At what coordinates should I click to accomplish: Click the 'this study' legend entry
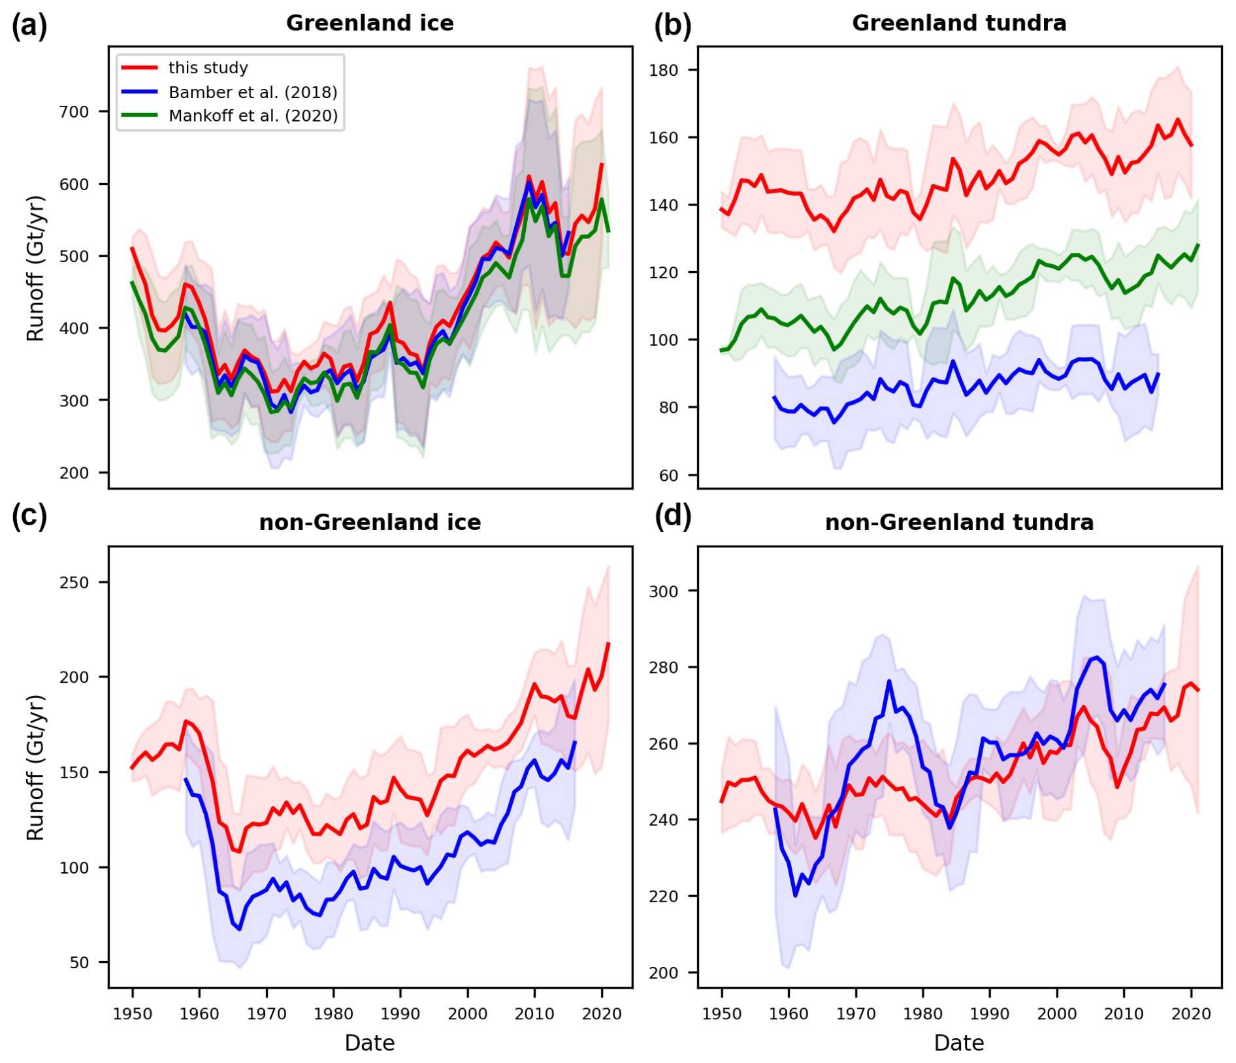[x=208, y=68]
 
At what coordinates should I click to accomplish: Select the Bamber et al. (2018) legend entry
[x=252, y=92]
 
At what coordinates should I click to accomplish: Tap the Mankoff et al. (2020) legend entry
[x=253, y=116]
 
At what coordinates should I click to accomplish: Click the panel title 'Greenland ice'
[x=370, y=24]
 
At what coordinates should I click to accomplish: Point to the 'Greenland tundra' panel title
[x=959, y=24]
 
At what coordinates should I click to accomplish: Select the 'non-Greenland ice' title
[x=370, y=523]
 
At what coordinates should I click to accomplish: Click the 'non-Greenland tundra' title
[x=959, y=523]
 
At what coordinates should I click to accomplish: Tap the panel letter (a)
[x=29, y=27]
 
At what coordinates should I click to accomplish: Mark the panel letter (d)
[x=673, y=517]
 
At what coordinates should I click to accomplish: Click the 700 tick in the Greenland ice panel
[x=74, y=112]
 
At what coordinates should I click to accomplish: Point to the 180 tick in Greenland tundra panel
[x=663, y=70]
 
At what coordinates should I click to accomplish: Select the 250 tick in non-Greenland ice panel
[x=74, y=582]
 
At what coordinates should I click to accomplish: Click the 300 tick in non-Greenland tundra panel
[x=663, y=591]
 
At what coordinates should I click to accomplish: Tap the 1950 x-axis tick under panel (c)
[x=132, y=1014]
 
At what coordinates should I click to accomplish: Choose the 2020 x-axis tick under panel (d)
[x=1191, y=1014]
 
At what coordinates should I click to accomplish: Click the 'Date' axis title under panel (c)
[x=370, y=1043]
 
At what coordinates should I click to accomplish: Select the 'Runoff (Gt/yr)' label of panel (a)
[x=35, y=268]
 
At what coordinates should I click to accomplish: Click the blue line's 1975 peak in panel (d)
[x=889, y=681]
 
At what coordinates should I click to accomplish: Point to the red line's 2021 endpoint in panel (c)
[x=608, y=644]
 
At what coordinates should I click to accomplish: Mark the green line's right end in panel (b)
[x=1198, y=245]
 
